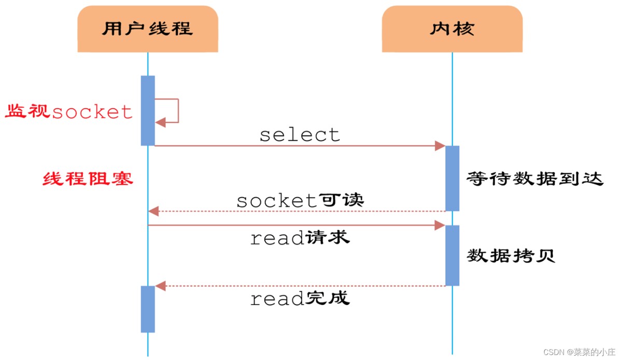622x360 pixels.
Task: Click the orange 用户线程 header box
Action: (x=148, y=28)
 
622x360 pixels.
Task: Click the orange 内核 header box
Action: (x=452, y=28)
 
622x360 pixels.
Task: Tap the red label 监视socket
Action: (x=69, y=111)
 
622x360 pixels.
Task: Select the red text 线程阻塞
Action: (x=88, y=179)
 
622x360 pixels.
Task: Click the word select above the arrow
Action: (x=300, y=135)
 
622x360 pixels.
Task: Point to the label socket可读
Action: (x=300, y=200)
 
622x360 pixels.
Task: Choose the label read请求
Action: (x=300, y=238)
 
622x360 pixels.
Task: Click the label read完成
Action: (x=300, y=298)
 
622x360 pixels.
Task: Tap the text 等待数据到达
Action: (x=535, y=179)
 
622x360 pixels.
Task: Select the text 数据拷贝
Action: (x=511, y=255)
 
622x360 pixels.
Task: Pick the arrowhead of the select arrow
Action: (x=440, y=146)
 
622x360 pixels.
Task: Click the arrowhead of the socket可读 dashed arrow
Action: (x=153, y=211)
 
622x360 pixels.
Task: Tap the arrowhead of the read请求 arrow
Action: (x=440, y=225)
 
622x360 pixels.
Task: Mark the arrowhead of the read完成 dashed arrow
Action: (x=160, y=286)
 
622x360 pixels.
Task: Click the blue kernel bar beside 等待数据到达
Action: (x=452, y=178)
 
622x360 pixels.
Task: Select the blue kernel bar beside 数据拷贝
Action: (x=452, y=255)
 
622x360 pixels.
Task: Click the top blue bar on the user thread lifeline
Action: (x=148, y=110)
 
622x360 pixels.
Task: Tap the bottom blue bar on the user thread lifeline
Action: (x=148, y=309)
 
